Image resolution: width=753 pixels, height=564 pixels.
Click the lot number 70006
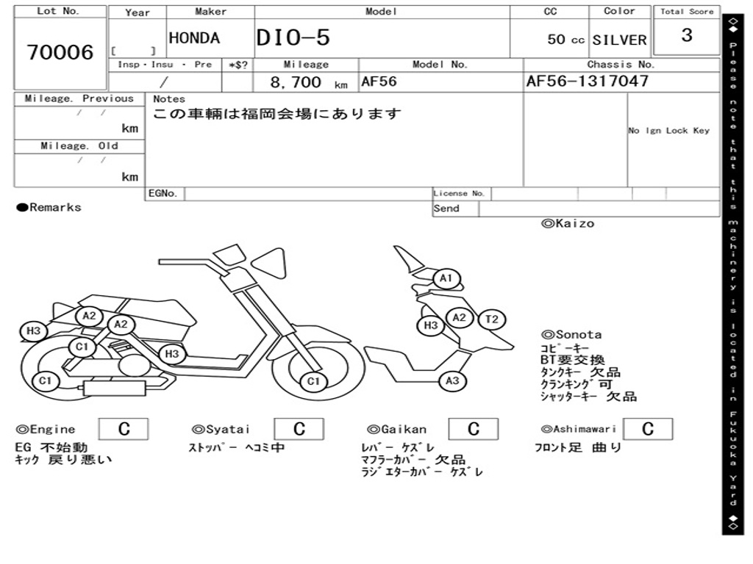coord(60,53)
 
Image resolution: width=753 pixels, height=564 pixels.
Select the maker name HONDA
coord(194,38)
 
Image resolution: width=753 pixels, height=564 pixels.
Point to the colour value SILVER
coord(619,40)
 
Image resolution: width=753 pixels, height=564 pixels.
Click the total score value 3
coord(687,35)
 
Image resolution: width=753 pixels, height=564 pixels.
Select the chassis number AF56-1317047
coord(587,81)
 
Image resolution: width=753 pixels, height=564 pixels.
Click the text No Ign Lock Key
coord(668,131)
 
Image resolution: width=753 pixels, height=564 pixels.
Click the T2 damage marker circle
coord(492,319)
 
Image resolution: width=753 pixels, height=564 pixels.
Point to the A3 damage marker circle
coord(452,380)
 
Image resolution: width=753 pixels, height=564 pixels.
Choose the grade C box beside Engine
coord(124,429)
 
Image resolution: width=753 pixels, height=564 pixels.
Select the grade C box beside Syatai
coord(299,429)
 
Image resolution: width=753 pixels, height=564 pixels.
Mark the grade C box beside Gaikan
coord(474,429)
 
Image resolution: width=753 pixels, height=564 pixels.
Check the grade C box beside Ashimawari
coord(647,429)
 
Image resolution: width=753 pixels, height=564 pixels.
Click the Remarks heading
coord(49,208)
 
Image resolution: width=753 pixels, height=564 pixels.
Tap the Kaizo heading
coord(568,223)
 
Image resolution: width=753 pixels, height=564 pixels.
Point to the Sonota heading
coord(571,334)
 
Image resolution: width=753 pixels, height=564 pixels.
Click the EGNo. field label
coord(163,194)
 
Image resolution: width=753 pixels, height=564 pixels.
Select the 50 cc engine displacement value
coord(565,40)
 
